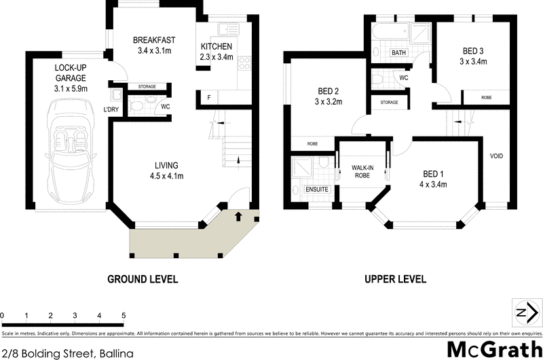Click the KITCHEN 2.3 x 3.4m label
(x=217, y=52)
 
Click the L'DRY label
(x=111, y=109)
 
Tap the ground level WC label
(x=164, y=107)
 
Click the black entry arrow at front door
(x=238, y=217)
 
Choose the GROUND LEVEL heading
(x=143, y=278)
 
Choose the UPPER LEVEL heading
(x=395, y=278)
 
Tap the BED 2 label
(x=328, y=96)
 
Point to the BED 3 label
(x=474, y=56)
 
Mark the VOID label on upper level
(x=496, y=156)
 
